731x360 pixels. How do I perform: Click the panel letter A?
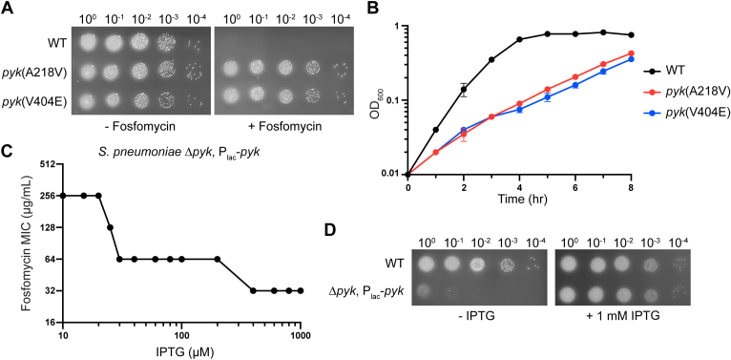point(9,9)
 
